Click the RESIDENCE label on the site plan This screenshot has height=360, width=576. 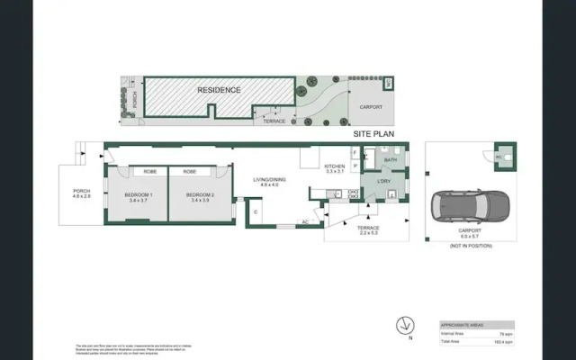[219, 90]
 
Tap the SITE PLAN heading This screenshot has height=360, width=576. [374, 132]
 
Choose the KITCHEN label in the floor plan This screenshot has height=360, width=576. [335, 166]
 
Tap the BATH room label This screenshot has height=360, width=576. [390, 160]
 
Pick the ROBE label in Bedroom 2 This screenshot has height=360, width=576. [190, 171]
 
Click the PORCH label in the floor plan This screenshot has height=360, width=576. [82, 193]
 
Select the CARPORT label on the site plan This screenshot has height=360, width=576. [371, 106]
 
